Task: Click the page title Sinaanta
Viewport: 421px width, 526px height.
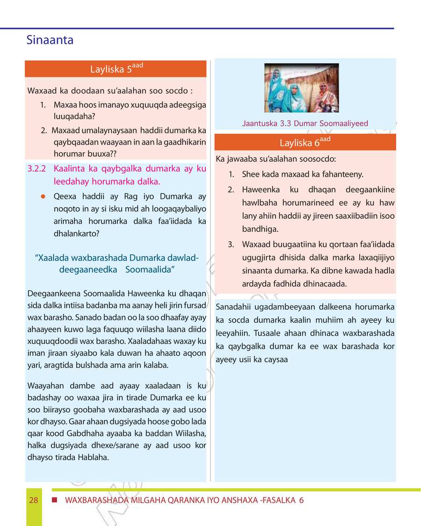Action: coord(50,40)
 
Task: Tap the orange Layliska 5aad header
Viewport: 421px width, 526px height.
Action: coord(116,69)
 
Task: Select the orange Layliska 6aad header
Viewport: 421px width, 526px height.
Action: coord(305,142)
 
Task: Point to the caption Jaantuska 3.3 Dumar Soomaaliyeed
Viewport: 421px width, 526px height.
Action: coord(305,123)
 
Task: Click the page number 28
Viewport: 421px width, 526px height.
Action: coord(33,500)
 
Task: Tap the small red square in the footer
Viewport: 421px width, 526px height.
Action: coord(54,500)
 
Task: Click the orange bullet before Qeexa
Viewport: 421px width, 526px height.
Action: coord(42,197)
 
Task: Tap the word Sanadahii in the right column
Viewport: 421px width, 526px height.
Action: coord(234,307)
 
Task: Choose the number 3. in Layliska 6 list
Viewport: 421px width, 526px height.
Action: coord(231,245)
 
